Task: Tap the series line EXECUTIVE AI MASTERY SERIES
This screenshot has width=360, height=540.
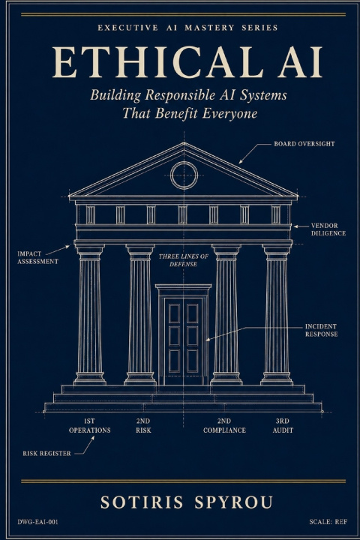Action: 187,28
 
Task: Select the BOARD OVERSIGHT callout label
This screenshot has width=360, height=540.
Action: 304,143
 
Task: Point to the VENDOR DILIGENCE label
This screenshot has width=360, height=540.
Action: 328,229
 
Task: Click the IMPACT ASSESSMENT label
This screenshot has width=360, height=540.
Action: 38,257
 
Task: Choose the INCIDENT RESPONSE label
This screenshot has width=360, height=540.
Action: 321,330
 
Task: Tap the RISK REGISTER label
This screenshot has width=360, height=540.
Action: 46,454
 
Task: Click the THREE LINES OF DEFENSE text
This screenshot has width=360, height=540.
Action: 183,260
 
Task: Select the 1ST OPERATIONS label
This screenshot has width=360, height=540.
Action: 89,426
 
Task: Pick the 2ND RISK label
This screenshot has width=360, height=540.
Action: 143,426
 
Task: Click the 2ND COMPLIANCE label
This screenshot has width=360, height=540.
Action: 224,426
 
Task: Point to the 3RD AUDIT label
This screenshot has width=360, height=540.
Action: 283,426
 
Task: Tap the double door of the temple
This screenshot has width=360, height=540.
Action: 184,341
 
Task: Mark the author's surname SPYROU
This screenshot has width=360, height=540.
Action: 233,502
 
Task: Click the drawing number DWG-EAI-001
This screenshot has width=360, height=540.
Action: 38,522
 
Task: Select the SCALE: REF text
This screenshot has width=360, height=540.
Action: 328,522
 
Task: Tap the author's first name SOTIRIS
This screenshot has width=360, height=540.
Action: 142,502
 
